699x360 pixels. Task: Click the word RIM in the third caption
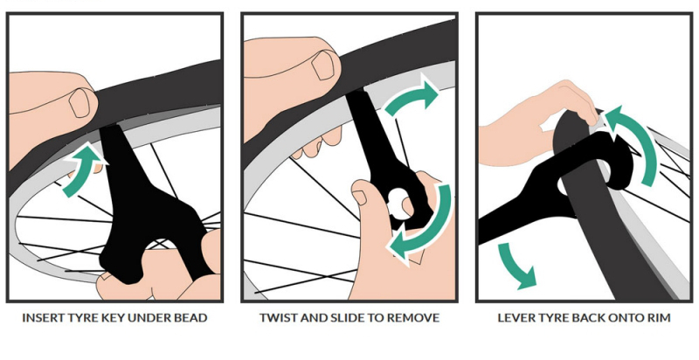(660, 318)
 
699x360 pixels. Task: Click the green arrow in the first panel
(80, 170)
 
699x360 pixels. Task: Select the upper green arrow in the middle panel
(411, 96)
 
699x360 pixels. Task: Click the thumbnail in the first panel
(80, 103)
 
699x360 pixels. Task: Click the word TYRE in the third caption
(553, 318)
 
